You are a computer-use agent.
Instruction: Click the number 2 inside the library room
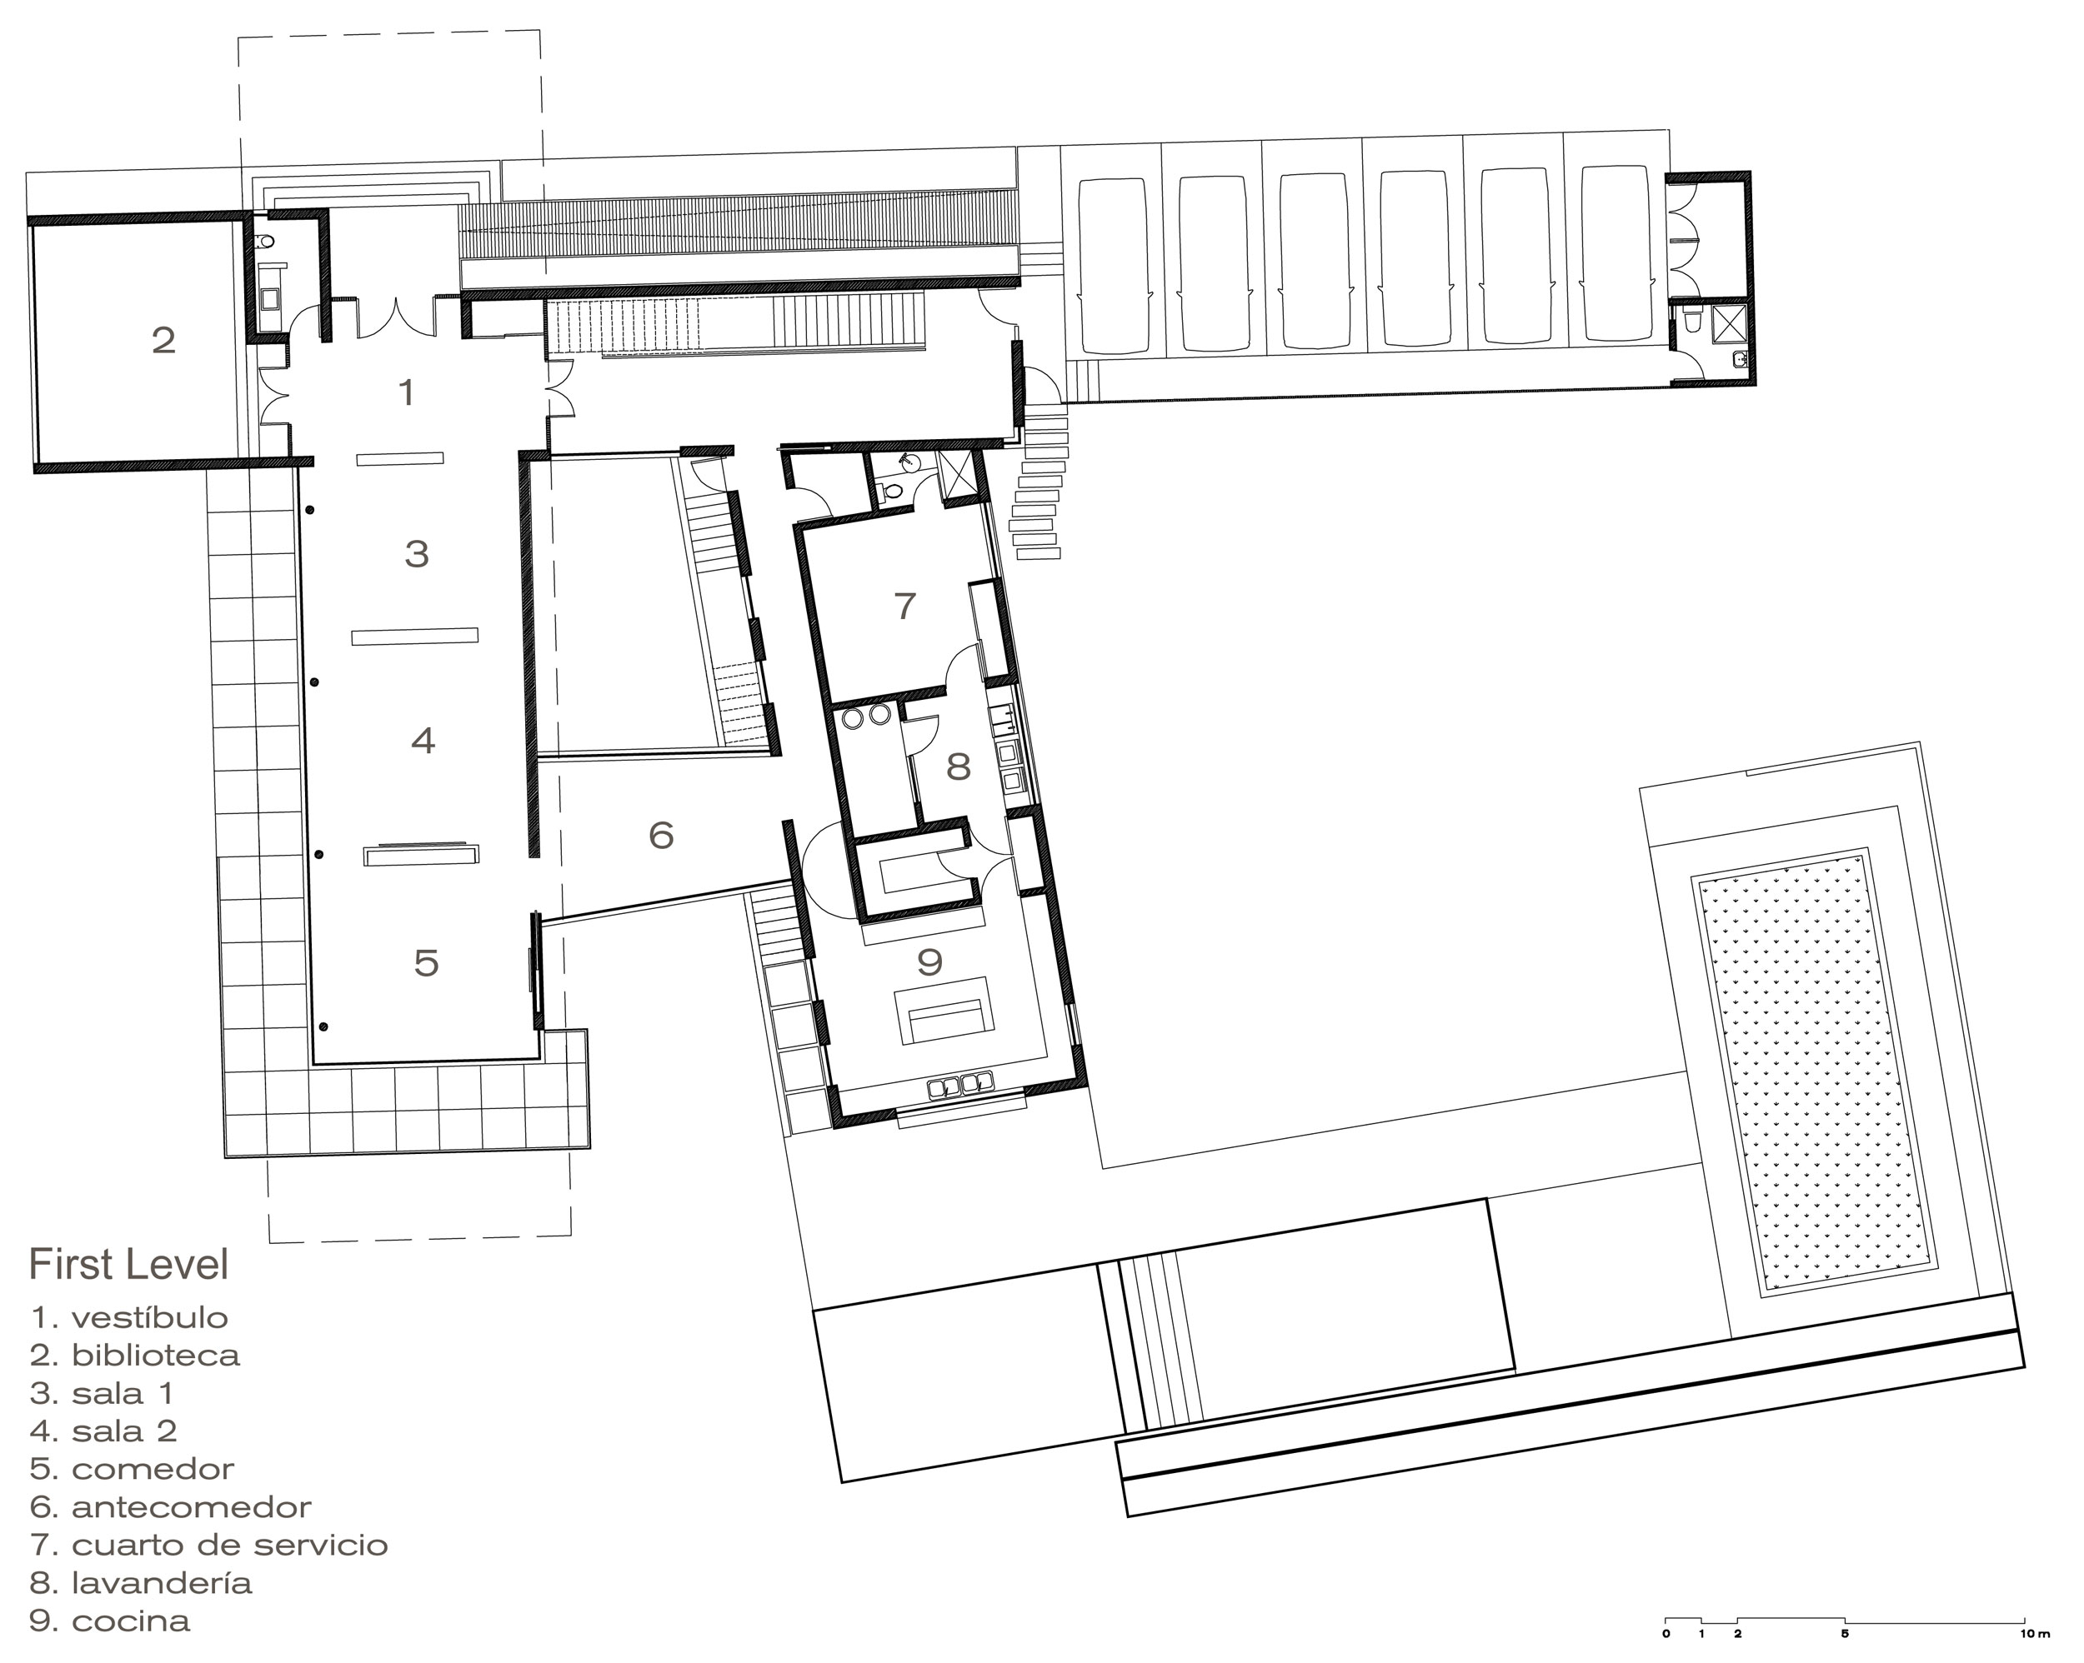click(163, 340)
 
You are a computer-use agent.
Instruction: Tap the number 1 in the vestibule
click(407, 392)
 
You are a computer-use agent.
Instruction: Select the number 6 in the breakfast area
click(661, 835)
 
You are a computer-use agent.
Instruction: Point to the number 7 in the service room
click(904, 606)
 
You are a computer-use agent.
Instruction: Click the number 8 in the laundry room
click(958, 767)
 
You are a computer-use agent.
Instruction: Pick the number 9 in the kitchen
click(929, 961)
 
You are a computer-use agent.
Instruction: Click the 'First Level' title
click(128, 1264)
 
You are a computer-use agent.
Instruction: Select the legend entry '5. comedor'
click(132, 1469)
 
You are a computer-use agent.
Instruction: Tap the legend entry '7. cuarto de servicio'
click(208, 1546)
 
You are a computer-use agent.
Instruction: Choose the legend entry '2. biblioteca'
click(134, 1355)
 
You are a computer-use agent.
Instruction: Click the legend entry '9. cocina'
click(109, 1621)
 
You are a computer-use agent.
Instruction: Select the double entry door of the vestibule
click(396, 318)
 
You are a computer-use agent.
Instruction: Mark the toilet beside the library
click(266, 240)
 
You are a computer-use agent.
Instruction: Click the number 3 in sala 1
click(417, 554)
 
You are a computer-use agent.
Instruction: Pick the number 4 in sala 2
click(423, 740)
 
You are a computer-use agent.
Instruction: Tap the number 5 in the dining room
click(426, 962)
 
